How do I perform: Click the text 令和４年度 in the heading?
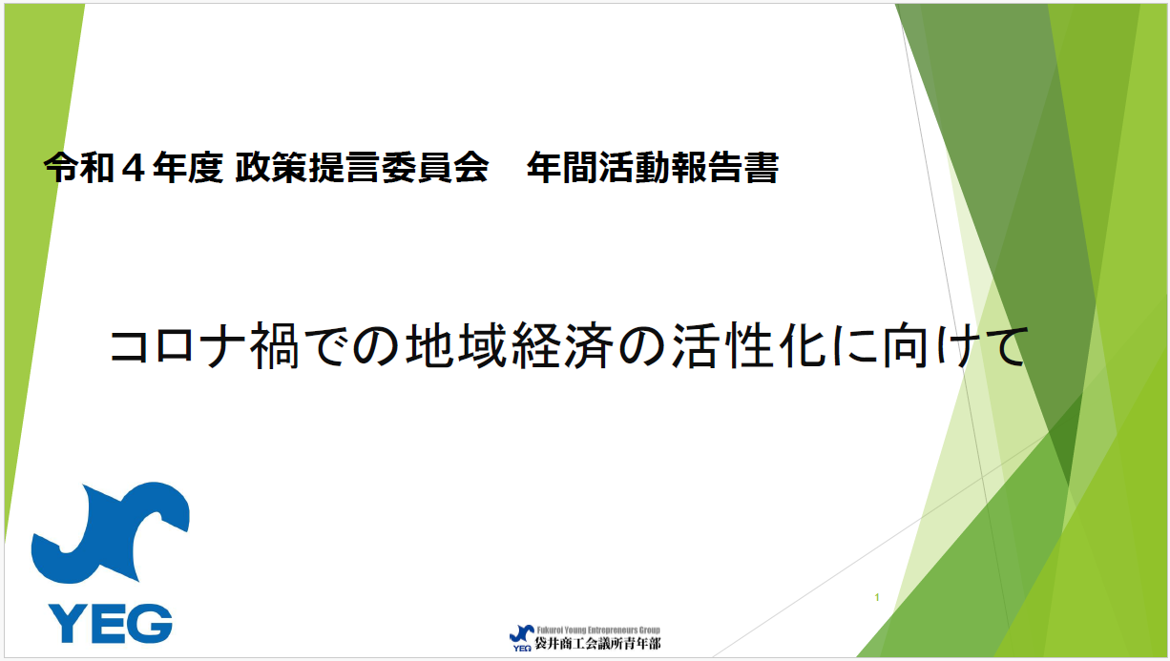point(133,169)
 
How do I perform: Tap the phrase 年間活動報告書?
point(652,169)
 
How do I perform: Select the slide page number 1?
point(876,598)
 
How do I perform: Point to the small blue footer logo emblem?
point(521,633)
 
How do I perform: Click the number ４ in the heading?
point(142,169)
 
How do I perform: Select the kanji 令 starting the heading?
point(58,169)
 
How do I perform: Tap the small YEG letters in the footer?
point(522,648)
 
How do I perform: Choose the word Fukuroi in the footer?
point(550,630)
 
